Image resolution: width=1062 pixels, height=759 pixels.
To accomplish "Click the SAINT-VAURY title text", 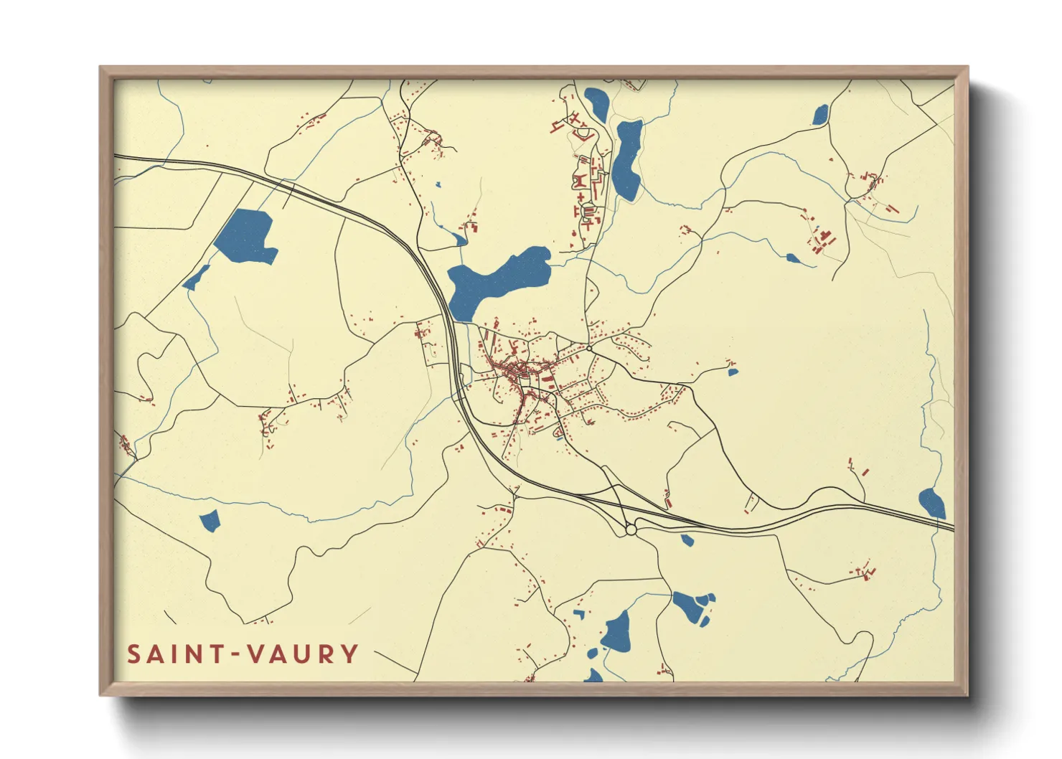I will (x=243, y=654).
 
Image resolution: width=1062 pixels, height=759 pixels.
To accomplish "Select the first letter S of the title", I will (x=134, y=654).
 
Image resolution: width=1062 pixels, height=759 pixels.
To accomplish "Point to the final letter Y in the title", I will (x=349, y=654).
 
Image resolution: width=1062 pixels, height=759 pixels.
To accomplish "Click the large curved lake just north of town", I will (x=495, y=280).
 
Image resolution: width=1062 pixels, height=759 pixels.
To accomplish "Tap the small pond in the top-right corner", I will (x=820, y=114).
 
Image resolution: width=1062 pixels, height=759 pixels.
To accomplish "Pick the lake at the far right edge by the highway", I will (x=931, y=503).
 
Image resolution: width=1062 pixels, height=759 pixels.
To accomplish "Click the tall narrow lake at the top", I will (x=626, y=159).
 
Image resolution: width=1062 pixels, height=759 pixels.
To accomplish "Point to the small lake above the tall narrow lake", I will (x=596, y=103).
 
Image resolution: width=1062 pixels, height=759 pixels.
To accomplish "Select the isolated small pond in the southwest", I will (x=209, y=521).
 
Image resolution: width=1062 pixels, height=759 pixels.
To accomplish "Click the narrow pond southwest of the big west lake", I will (x=196, y=278).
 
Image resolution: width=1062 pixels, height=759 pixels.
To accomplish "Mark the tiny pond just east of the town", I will (x=732, y=372).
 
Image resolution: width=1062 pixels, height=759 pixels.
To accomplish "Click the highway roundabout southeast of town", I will (x=631, y=530).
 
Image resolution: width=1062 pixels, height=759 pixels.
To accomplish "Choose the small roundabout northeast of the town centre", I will (x=589, y=349).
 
